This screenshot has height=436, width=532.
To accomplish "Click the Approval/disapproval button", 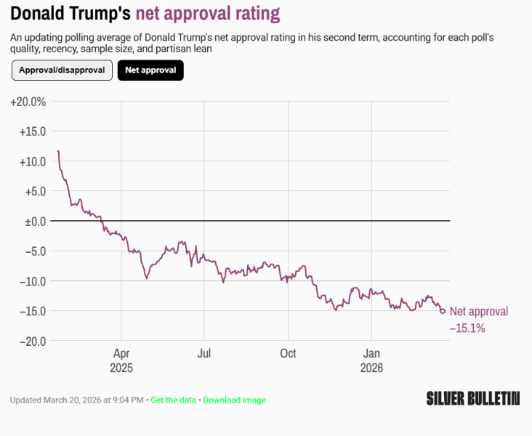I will pos(62,70).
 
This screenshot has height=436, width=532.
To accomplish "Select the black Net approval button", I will pos(150,70).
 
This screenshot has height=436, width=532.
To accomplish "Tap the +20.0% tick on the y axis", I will pos(28,102).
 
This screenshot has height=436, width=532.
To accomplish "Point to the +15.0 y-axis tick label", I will pos(31,132).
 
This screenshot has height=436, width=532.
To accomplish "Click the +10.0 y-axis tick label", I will pos(31,161).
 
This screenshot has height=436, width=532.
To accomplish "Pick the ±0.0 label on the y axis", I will pos(33,221).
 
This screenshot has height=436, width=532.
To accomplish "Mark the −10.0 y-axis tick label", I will pos(32,280).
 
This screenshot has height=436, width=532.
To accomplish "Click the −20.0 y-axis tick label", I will pos(32,341).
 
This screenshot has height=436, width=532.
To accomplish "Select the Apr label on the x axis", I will pos(121,354).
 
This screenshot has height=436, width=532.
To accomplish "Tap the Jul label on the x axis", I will pos(204,354).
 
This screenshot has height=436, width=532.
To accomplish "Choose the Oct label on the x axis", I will pos(288,354).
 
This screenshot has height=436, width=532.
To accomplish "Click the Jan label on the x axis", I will pos(371,354).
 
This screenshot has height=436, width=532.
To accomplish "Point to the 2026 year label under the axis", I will pos(371,368).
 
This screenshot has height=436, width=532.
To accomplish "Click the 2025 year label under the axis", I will pos(121,368).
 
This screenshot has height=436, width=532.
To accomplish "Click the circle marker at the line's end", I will pos(443,311).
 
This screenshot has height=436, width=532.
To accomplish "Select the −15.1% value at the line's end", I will pos(467,328).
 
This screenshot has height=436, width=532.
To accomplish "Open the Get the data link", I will pos(174,400).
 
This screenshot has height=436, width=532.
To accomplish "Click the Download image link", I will pos(234,400).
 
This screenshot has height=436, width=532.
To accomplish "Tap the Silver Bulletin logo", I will pos(472,397).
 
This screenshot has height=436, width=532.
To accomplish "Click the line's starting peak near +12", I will pos(58,151).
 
